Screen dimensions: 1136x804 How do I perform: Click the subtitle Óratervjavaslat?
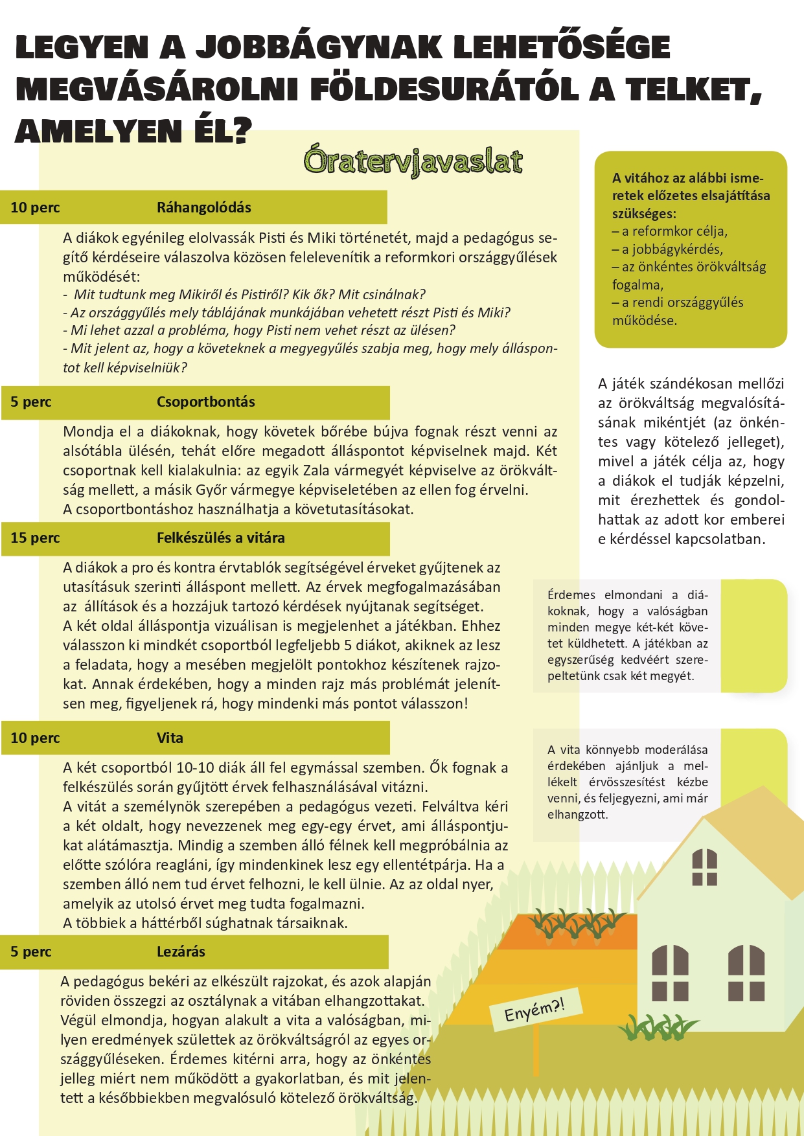pos(413,162)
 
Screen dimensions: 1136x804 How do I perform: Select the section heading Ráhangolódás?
pos(203,208)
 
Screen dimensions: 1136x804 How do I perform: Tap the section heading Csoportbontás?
pos(205,402)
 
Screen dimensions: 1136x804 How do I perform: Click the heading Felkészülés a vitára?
pos(220,538)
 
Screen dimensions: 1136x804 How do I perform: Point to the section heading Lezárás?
pos(181,952)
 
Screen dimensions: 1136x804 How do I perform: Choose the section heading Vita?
pos(170,738)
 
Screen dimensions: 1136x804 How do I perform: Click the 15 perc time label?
pos(35,538)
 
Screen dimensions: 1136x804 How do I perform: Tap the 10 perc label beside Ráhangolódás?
pos(35,208)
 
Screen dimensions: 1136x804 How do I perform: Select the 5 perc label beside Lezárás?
pos(30,952)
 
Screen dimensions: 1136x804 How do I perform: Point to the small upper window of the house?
pos(704,867)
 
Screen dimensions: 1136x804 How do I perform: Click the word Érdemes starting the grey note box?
pos(571,595)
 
